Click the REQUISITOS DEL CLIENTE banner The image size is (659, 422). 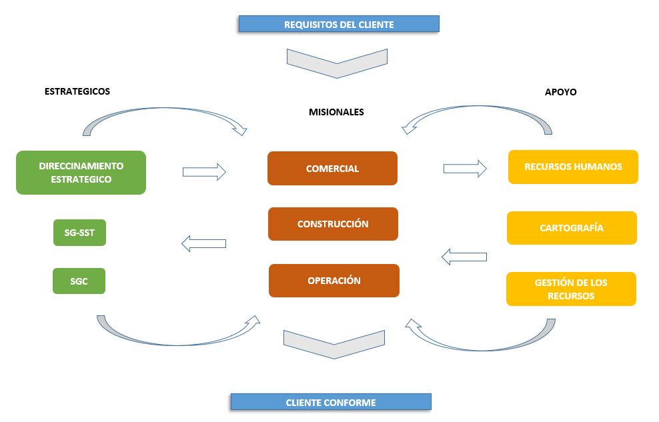click(x=339, y=25)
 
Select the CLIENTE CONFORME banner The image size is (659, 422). click(x=331, y=402)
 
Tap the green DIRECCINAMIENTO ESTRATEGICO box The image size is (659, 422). click(x=81, y=173)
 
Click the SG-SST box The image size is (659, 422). click(x=79, y=233)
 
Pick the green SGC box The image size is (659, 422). click(x=79, y=281)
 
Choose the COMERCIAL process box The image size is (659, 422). click(x=332, y=169)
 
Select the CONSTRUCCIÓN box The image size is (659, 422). click(x=333, y=224)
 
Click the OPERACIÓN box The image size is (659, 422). click(x=334, y=281)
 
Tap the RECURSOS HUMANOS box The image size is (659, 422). click(x=573, y=167)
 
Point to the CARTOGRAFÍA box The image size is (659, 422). click(x=572, y=228)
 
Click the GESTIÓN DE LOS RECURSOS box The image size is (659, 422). click(x=571, y=289)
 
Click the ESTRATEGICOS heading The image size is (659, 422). click(x=77, y=91)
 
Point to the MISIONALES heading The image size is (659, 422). click(x=336, y=112)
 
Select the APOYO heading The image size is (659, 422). click(x=560, y=93)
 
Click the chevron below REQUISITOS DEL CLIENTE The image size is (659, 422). click(x=337, y=61)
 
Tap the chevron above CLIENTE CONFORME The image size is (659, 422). click(x=334, y=341)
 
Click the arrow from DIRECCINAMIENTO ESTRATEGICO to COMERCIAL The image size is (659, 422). click(x=204, y=172)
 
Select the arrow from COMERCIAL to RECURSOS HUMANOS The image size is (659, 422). click(x=465, y=168)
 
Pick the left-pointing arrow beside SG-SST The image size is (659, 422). click(x=204, y=243)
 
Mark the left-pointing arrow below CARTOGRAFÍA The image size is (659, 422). click(x=464, y=256)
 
